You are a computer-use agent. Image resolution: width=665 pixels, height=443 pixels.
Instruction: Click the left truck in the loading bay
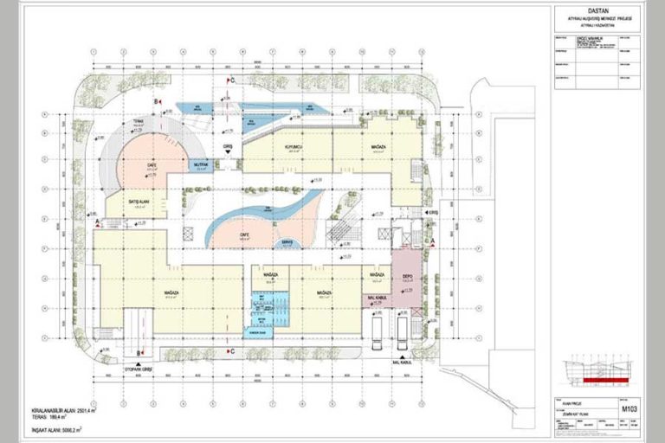pyautogui.click(x=378, y=332)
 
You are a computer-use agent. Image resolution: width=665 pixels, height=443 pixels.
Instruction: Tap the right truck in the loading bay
pyautogui.click(x=403, y=332)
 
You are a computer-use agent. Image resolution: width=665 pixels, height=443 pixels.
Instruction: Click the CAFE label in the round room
pyautogui.click(x=150, y=164)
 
